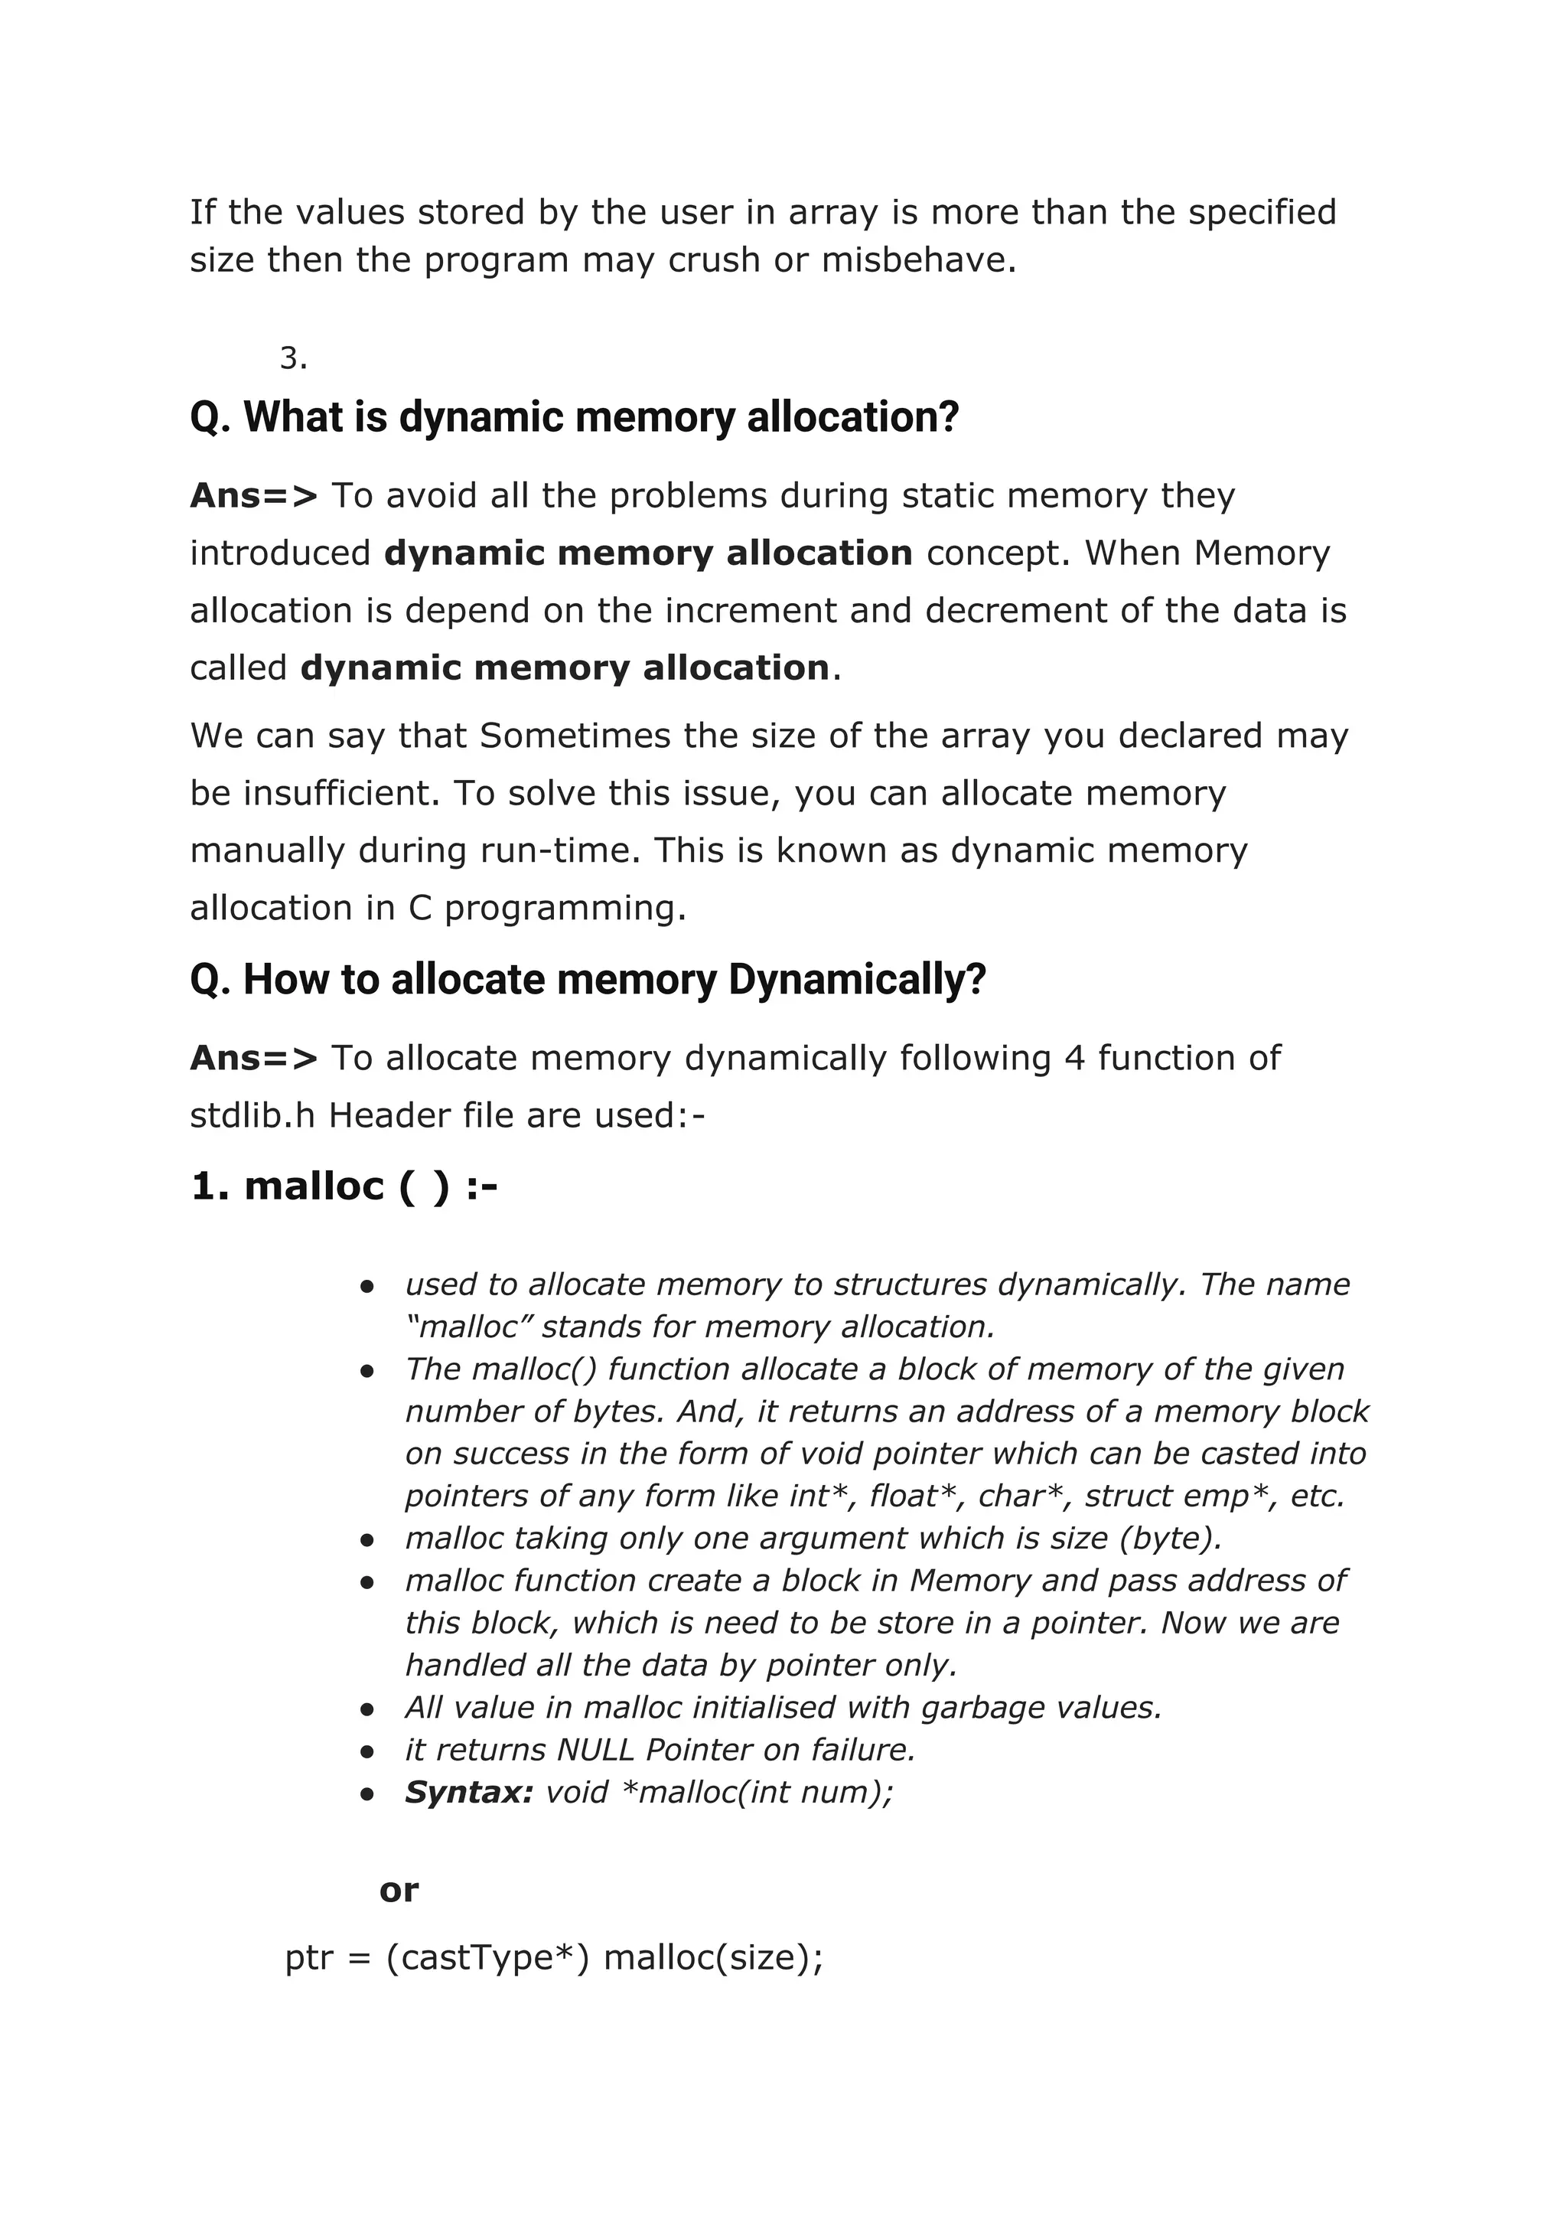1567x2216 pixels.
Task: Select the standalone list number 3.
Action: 292,359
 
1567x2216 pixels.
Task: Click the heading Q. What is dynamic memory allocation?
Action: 574,417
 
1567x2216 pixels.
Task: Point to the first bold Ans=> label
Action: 252,496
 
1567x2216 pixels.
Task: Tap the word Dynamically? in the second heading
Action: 858,980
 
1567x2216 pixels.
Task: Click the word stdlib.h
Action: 252,1117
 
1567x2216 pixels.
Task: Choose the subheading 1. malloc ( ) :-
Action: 344,1186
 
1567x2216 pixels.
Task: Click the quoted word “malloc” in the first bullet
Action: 470,1327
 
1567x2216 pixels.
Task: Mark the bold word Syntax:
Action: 469,1792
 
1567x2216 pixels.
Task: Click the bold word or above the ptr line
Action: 399,1890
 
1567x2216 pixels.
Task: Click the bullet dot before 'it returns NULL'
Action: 367,1751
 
